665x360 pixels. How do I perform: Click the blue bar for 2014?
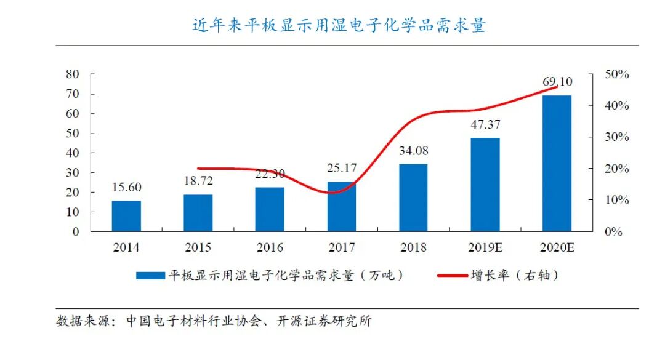(126, 216)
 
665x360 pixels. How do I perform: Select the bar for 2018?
(413, 198)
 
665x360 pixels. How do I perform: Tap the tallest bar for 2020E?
(557, 163)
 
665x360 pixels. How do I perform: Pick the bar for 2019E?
(485, 185)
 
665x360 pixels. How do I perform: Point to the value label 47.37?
(485, 125)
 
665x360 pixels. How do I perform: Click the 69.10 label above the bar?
(557, 82)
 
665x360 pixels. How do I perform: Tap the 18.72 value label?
(198, 182)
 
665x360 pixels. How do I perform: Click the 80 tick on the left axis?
(73, 74)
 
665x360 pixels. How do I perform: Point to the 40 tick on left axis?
(73, 153)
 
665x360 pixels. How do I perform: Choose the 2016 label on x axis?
(270, 248)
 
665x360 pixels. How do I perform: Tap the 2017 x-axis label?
(341, 248)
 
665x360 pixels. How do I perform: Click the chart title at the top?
(339, 25)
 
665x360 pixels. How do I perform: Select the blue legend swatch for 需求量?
(150, 276)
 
